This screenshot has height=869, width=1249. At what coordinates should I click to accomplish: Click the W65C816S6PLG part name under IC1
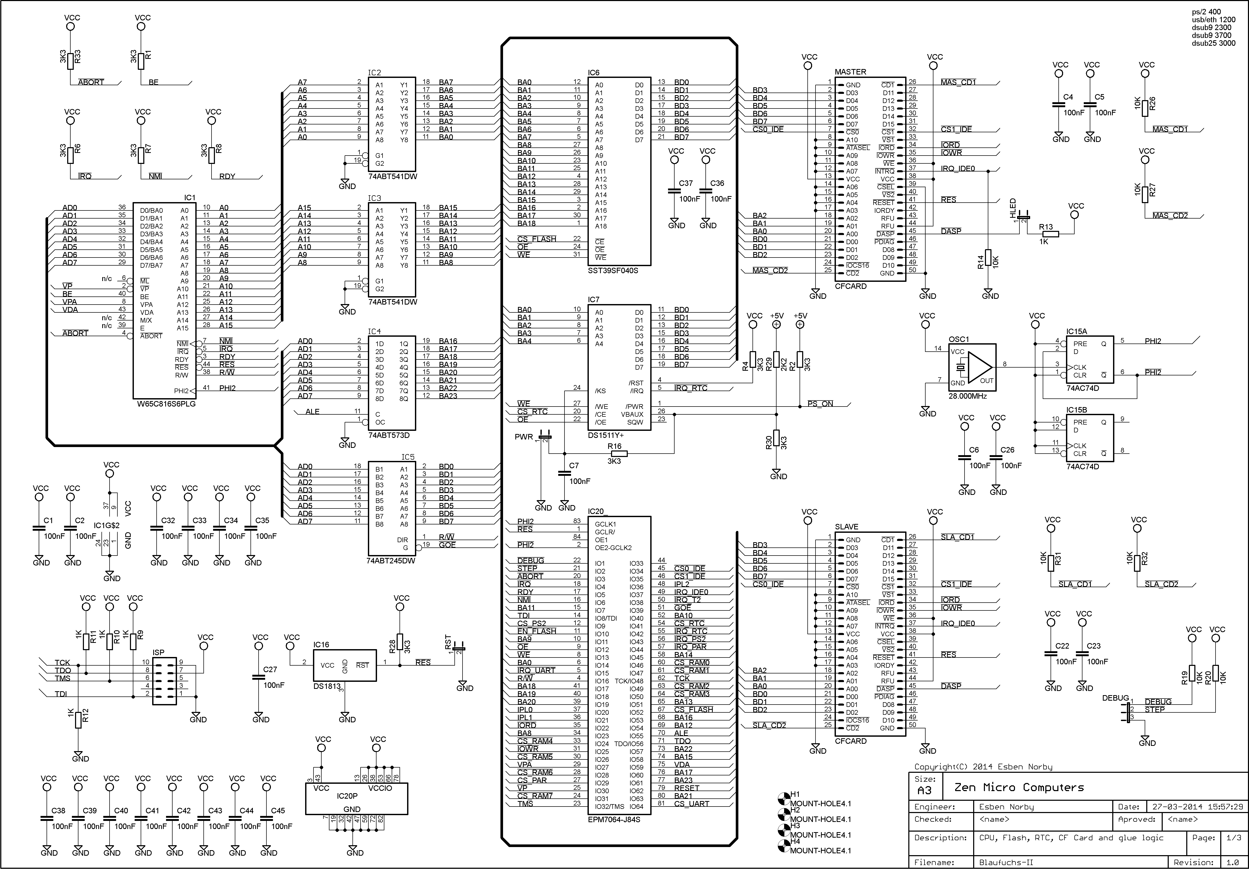[x=167, y=404]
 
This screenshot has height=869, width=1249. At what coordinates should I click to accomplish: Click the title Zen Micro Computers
[x=1019, y=787]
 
